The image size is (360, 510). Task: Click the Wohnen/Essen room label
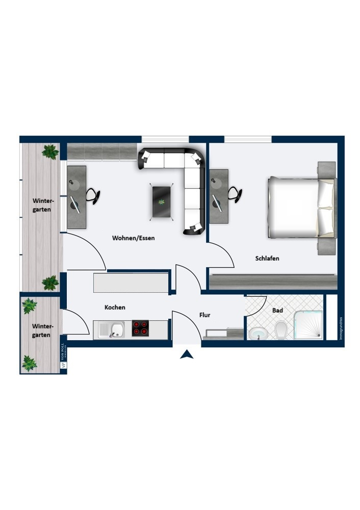point(133,238)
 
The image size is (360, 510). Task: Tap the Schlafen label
point(267,259)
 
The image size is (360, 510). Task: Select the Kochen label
point(115,308)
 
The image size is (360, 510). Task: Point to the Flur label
point(204,315)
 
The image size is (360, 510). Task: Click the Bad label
point(277,310)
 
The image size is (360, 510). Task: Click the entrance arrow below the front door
point(187,354)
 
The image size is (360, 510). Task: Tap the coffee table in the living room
point(163,201)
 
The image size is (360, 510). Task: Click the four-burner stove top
point(140,327)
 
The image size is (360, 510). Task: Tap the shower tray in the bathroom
point(308,325)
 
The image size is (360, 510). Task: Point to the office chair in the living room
point(92,195)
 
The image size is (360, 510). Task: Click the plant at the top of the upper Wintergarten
point(50,151)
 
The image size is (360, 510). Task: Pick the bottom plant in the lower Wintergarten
point(29,363)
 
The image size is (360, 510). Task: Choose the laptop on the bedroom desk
point(217,204)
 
